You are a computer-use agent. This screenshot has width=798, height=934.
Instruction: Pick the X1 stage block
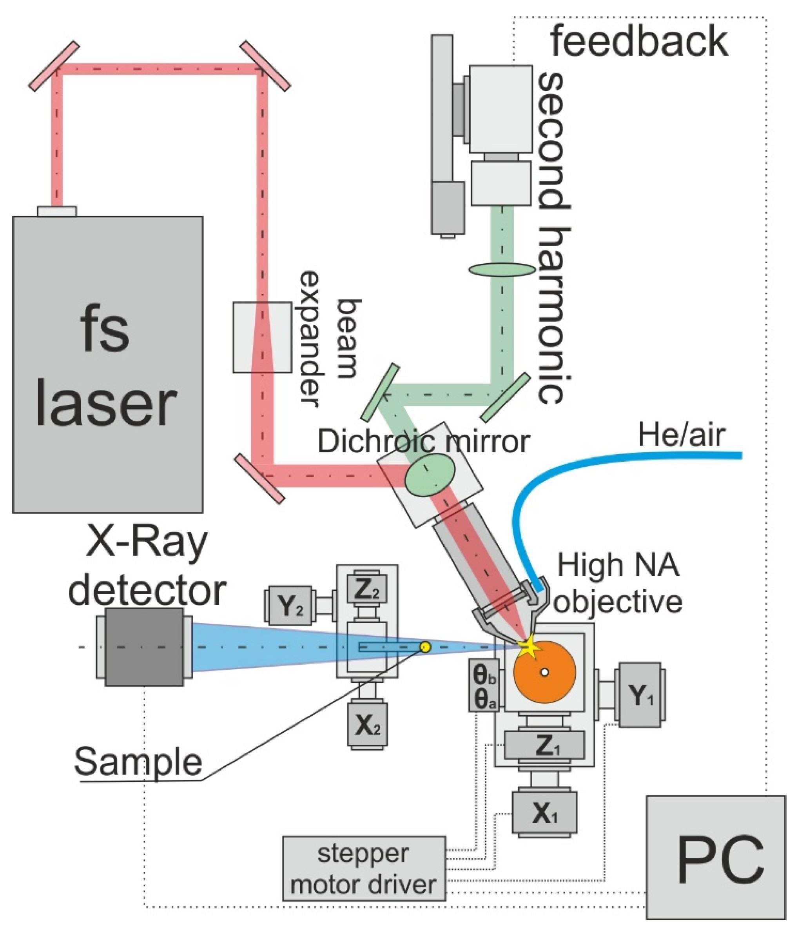pos(544,813)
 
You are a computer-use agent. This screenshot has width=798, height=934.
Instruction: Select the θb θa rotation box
pos(484,686)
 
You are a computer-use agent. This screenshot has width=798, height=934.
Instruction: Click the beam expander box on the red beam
pos(262,337)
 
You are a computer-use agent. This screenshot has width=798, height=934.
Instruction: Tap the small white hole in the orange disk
pos(545,672)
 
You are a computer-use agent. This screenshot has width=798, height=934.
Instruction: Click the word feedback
pos(639,42)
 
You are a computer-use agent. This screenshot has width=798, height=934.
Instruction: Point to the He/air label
pos(682,435)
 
